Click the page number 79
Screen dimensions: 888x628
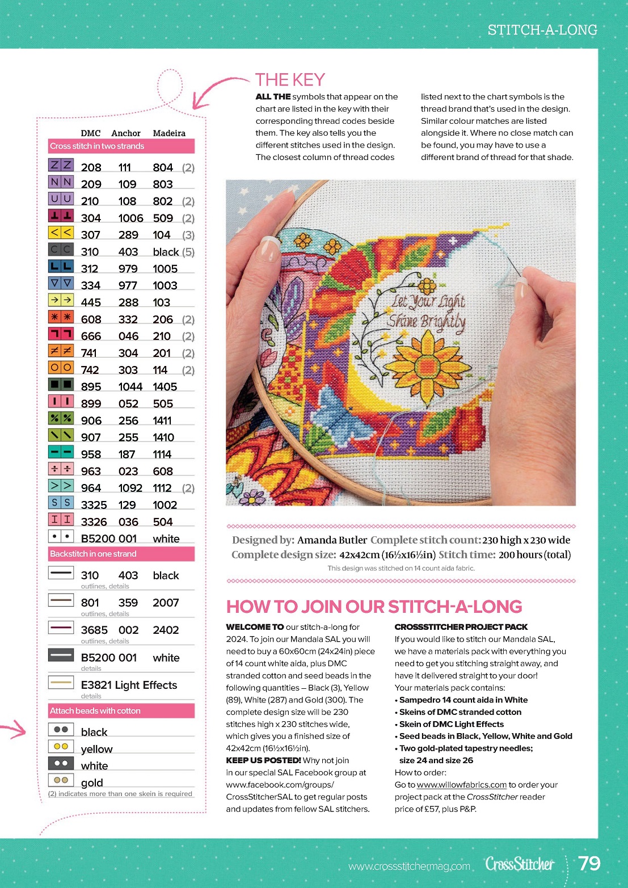pyautogui.click(x=589, y=863)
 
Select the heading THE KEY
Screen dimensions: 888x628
pyautogui.click(x=290, y=80)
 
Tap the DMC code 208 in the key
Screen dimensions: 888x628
pyautogui.click(x=91, y=167)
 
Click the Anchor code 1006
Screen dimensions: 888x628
pyautogui.click(x=130, y=218)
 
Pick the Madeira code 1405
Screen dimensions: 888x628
pyautogui.click(x=165, y=387)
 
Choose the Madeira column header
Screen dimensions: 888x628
pyautogui.click(x=169, y=133)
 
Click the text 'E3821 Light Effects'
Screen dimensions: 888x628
pyautogui.click(x=129, y=685)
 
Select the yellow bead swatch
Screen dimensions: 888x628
pyautogui.click(x=61, y=746)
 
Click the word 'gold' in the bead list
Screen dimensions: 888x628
pyautogui.click(x=92, y=783)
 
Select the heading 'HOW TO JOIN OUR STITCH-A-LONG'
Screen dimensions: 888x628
pyautogui.click(x=374, y=607)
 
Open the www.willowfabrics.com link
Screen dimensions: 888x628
pyautogui.click(x=461, y=785)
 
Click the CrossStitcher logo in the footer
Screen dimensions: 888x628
pyautogui.click(x=519, y=864)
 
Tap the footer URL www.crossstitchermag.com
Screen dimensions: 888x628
pyautogui.click(x=409, y=866)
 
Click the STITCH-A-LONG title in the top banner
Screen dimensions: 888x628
pyautogui.click(x=542, y=30)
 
